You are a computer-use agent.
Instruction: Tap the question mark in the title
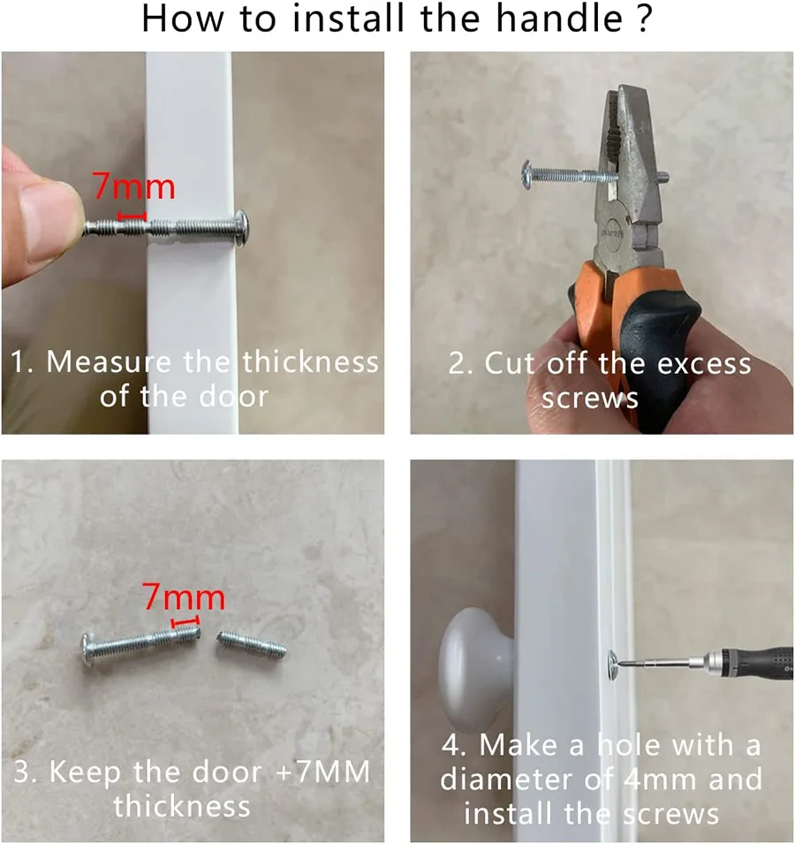click(x=644, y=19)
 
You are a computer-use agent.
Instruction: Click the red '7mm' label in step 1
click(x=134, y=186)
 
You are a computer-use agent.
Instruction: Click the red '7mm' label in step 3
click(x=184, y=598)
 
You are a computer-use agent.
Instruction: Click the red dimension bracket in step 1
click(x=132, y=215)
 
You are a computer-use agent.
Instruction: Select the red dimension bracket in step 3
click(x=185, y=624)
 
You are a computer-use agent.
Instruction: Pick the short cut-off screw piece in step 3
click(x=251, y=644)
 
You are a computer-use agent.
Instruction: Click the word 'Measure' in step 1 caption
click(x=111, y=362)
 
